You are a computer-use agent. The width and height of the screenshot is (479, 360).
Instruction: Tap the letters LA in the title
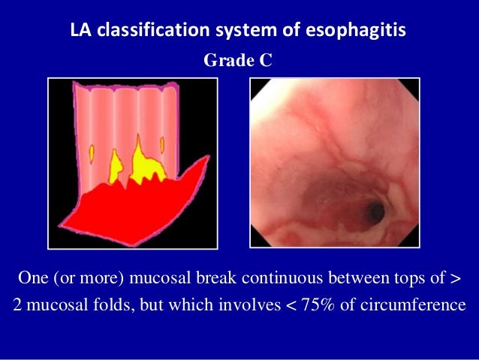point(79,32)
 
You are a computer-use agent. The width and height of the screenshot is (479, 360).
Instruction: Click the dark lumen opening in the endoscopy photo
point(374,213)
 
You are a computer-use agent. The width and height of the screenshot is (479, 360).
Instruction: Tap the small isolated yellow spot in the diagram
point(92,153)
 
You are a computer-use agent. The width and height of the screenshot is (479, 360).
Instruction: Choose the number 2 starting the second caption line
point(17,307)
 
